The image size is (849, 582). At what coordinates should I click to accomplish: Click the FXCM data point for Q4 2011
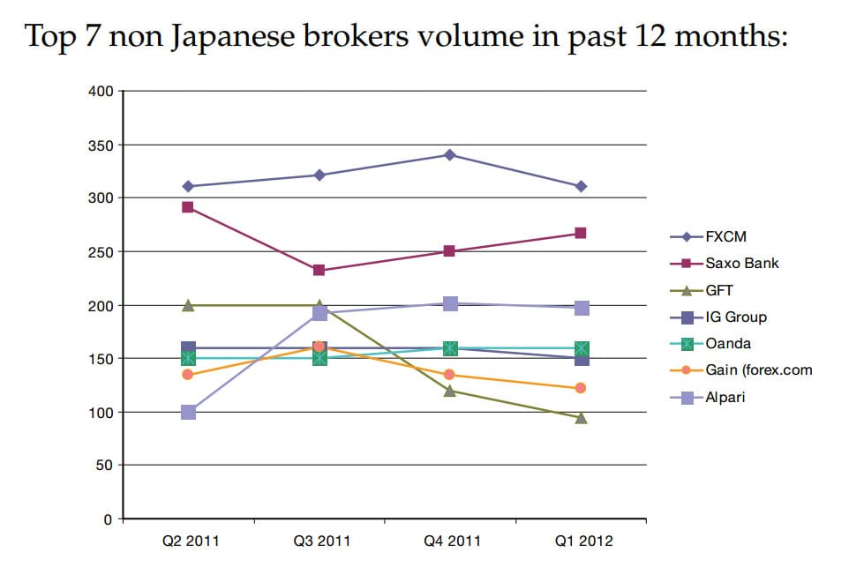[x=450, y=155]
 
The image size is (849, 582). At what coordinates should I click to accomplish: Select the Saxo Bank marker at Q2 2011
[x=188, y=207]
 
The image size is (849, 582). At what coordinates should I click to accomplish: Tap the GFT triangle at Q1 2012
[x=581, y=417]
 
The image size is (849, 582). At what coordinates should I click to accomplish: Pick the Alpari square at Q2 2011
[x=188, y=412]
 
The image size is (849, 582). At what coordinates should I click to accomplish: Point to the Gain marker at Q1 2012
[x=581, y=388]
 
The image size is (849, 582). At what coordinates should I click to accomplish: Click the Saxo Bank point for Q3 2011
[x=319, y=270]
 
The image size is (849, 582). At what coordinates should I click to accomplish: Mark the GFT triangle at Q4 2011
[x=450, y=390]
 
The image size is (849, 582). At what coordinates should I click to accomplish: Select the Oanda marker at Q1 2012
[x=581, y=348]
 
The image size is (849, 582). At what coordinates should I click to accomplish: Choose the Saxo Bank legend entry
[x=741, y=263]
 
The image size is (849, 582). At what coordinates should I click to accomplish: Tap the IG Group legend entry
[x=735, y=317]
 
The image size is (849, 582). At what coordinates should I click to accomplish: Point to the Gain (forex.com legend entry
[x=758, y=370]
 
